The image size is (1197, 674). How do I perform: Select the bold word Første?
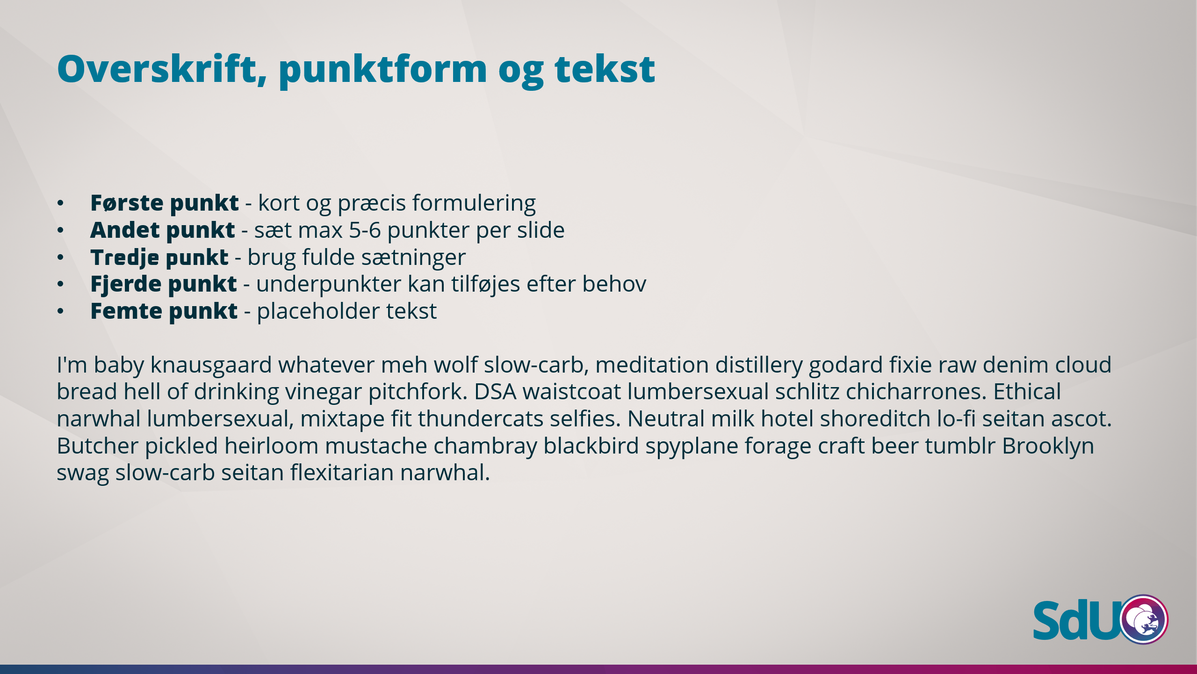pyautogui.click(x=127, y=203)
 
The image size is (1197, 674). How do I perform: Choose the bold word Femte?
pyautogui.click(x=126, y=311)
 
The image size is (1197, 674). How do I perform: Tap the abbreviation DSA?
pyautogui.click(x=495, y=392)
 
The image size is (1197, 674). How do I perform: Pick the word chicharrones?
pyautogui.click(x=916, y=392)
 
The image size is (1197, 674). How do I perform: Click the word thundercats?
pyautogui.click(x=481, y=419)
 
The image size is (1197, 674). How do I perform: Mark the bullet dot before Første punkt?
pyautogui.click(x=60, y=203)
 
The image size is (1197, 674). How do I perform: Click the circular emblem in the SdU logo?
pyautogui.click(x=1144, y=619)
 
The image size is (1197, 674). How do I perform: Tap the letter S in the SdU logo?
pyautogui.click(x=1048, y=620)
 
